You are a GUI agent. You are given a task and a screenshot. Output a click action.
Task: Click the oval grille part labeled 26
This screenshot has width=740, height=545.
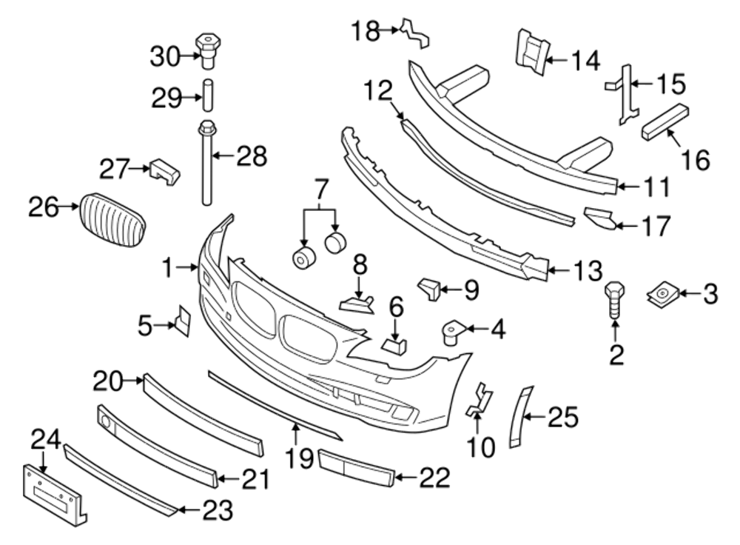pos(111,219)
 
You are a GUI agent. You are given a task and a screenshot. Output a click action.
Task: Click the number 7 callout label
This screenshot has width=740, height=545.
pos(320,190)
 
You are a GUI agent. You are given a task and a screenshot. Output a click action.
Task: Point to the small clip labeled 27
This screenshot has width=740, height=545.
pos(165,172)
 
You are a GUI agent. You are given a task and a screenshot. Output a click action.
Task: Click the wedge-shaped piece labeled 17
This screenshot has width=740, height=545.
pos(600,218)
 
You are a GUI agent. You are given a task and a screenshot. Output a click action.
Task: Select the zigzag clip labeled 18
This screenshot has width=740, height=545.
pos(414,33)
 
